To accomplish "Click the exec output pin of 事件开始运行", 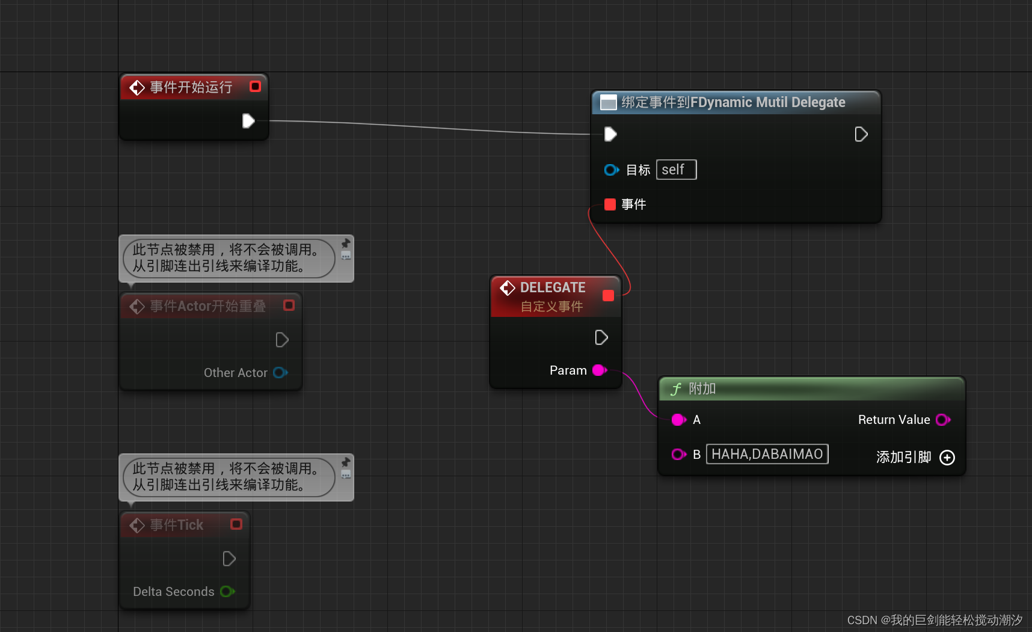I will tap(248, 121).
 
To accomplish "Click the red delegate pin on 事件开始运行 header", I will tap(255, 87).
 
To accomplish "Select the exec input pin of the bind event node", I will tap(610, 134).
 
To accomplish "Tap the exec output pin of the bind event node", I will tap(861, 134).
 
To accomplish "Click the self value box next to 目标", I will tap(676, 170).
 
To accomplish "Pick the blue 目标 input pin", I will tap(611, 170).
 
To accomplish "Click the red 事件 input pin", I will tap(610, 204).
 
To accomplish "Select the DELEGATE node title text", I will tap(553, 287).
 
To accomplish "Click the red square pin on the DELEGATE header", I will tap(608, 295).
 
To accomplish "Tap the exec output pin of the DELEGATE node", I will tap(601, 337).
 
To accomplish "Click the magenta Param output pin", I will tap(599, 370).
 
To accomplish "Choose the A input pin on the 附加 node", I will tap(678, 420).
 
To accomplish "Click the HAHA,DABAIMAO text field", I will tap(767, 454).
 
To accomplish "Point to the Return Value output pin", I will tap(942, 420).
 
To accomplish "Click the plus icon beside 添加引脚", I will tap(947, 458).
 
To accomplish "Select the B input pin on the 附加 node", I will tap(678, 455).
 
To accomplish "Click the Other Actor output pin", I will tap(280, 373).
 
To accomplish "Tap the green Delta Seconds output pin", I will tap(227, 592).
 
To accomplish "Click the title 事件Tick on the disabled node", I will tap(177, 525).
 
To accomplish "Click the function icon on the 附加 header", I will tap(676, 389).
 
